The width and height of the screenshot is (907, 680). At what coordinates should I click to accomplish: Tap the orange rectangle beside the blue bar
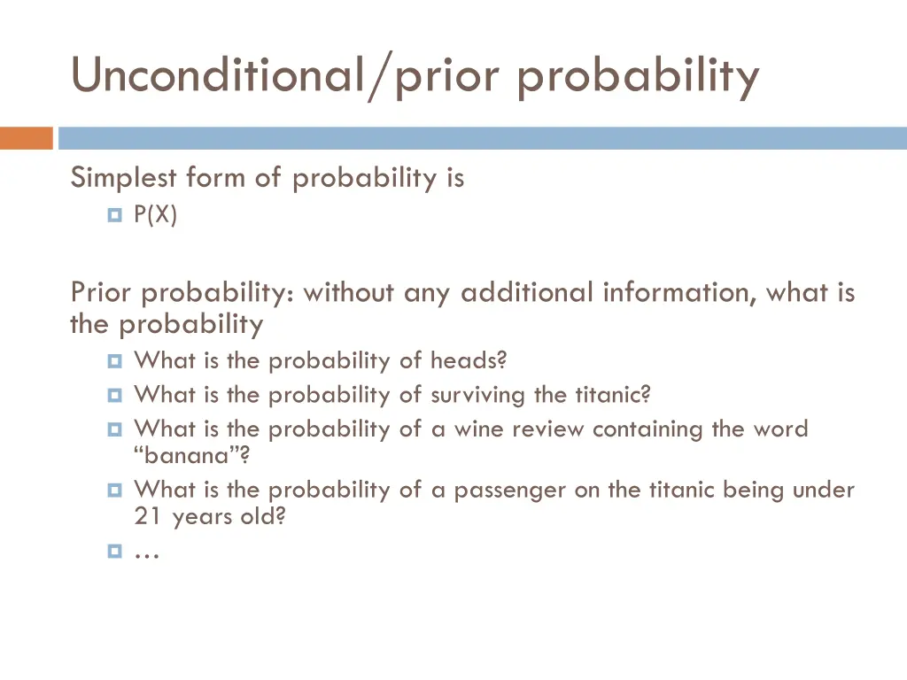pos(26,138)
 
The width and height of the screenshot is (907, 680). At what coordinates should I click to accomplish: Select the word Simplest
pos(124,178)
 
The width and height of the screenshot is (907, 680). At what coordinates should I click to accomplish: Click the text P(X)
pos(156,215)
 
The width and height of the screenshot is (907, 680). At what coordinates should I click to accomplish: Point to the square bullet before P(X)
pos(114,215)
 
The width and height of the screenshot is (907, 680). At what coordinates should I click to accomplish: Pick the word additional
pos(527,292)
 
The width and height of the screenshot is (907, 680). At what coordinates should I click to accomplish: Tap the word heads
pos(467,361)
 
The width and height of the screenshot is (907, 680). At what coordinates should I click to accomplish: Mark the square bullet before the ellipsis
pos(114,551)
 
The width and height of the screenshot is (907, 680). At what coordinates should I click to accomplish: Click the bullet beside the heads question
pos(114,361)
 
